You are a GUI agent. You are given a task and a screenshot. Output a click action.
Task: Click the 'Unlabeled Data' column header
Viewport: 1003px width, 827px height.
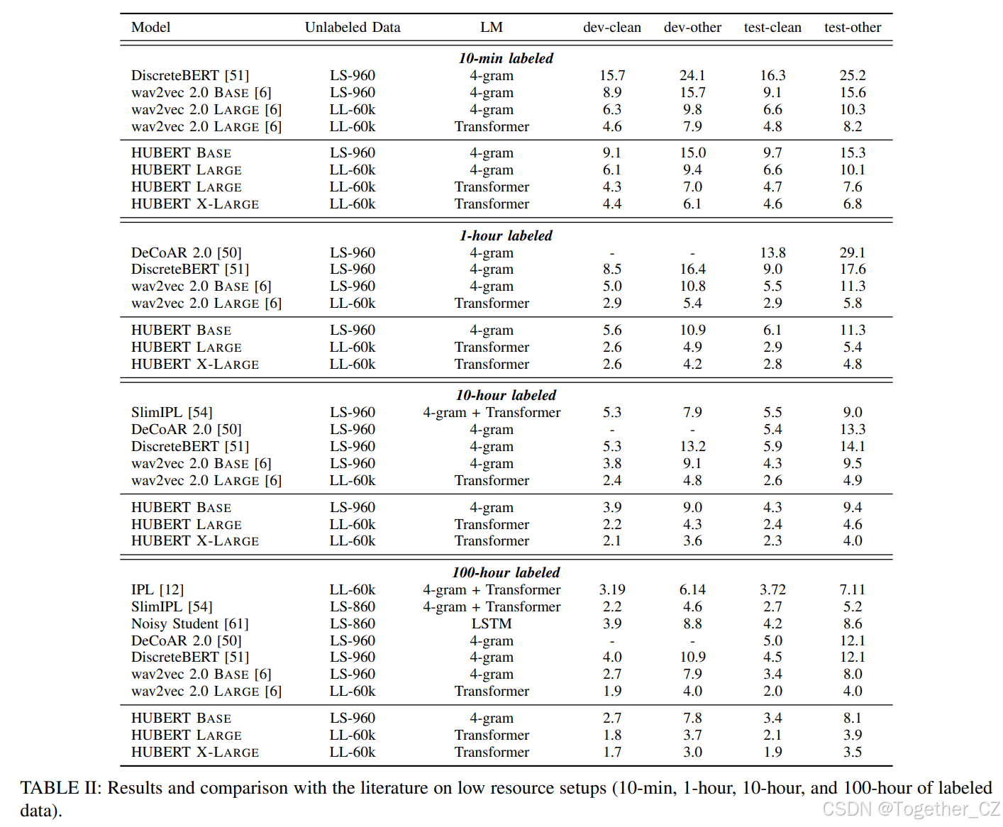coord(353,28)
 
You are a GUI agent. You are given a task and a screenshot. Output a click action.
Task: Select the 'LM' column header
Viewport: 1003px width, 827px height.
coord(491,28)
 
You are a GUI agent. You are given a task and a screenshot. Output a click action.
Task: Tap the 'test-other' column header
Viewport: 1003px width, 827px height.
coord(852,28)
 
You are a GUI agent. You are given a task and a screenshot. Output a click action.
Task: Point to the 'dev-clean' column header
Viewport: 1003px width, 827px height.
coord(611,28)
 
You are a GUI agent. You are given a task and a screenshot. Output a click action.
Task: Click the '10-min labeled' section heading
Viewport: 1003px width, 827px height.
coord(506,58)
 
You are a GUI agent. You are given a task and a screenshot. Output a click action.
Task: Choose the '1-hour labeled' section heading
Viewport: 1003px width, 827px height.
coord(506,235)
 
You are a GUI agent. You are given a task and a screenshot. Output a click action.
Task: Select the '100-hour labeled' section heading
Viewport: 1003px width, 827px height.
coord(506,572)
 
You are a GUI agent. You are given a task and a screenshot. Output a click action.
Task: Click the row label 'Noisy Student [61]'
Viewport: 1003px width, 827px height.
coord(189,623)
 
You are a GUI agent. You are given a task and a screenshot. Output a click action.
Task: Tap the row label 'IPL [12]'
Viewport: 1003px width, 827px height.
coord(157,589)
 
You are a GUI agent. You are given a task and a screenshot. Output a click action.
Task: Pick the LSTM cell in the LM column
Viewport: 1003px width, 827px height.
coord(491,623)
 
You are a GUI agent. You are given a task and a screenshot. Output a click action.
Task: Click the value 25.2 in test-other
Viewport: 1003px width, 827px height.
coord(852,75)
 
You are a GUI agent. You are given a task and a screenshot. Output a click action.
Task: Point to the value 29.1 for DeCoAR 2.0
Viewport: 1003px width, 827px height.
coord(852,252)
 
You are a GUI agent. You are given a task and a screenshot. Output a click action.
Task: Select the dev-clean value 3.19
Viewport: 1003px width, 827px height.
coord(611,589)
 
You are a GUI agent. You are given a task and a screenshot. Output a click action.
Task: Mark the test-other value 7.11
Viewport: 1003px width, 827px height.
coord(852,589)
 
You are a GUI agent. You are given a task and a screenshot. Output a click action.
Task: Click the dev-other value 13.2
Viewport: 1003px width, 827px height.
coord(692,446)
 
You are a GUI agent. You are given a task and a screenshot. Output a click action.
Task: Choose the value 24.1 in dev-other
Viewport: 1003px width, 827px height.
coord(692,75)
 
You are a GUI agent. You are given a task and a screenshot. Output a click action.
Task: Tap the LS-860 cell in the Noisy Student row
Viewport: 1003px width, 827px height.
coord(353,623)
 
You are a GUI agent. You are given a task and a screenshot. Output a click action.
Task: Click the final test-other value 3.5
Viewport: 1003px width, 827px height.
coord(852,752)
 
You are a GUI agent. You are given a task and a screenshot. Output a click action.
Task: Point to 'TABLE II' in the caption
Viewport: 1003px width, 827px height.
coord(60,788)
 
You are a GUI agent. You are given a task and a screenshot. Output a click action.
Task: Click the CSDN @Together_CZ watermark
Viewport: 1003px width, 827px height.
coord(911,809)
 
